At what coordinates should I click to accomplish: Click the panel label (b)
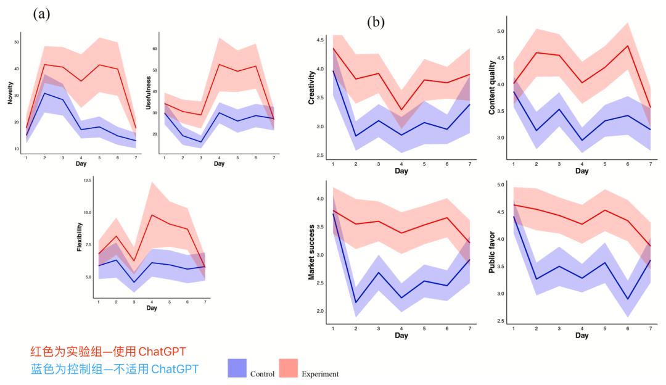pos(375,23)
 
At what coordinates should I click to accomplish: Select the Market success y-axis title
pos(311,252)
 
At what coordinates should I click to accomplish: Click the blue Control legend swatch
pos(237,368)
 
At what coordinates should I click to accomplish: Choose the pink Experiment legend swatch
pos(289,368)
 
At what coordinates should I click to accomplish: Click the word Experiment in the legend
pos(320,374)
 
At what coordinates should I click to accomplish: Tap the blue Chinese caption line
pos(113,369)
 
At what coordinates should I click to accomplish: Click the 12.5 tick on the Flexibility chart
pos(88,180)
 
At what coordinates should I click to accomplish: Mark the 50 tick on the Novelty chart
pos(16,42)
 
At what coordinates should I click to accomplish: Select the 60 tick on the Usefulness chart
pos(155,48)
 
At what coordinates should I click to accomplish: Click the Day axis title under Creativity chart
pos(401,170)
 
